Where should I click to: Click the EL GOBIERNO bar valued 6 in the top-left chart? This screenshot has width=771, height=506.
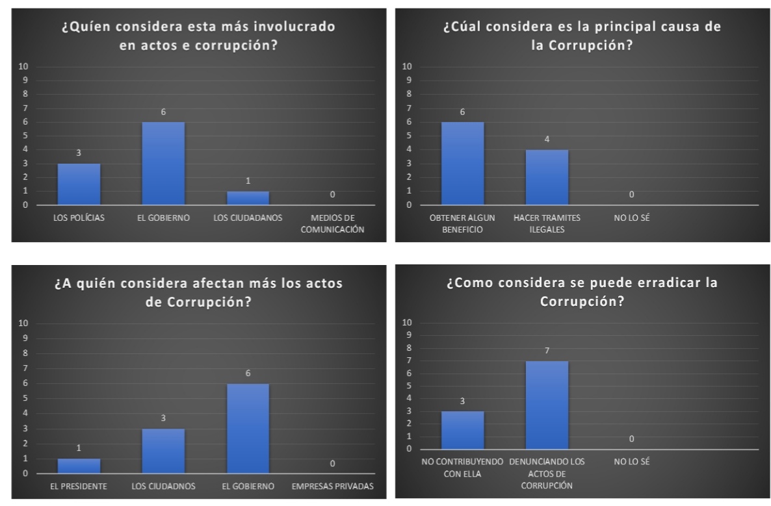click(x=163, y=164)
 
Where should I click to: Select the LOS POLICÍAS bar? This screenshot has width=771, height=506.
click(x=79, y=184)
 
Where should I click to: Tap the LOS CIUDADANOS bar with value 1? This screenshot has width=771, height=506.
click(x=248, y=198)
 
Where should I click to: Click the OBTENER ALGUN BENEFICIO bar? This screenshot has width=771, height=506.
click(x=462, y=164)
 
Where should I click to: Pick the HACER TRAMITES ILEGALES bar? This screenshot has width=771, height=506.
click(x=547, y=177)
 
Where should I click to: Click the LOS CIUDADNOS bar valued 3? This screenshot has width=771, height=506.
click(x=163, y=451)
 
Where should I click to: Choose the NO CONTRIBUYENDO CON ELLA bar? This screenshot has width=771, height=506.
click(x=462, y=430)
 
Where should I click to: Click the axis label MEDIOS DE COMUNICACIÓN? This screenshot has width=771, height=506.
click(x=332, y=223)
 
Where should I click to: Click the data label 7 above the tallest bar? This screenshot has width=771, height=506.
click(x=547, y=351)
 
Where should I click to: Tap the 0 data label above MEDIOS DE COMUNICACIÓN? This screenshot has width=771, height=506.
click(x=332, y=194)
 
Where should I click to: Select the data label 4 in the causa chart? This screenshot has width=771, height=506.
click(x=547, y=139)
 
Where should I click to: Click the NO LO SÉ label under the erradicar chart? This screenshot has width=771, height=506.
click(x=631, y=462)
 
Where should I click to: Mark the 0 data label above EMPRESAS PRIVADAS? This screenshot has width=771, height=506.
click(x=332, y=463)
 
